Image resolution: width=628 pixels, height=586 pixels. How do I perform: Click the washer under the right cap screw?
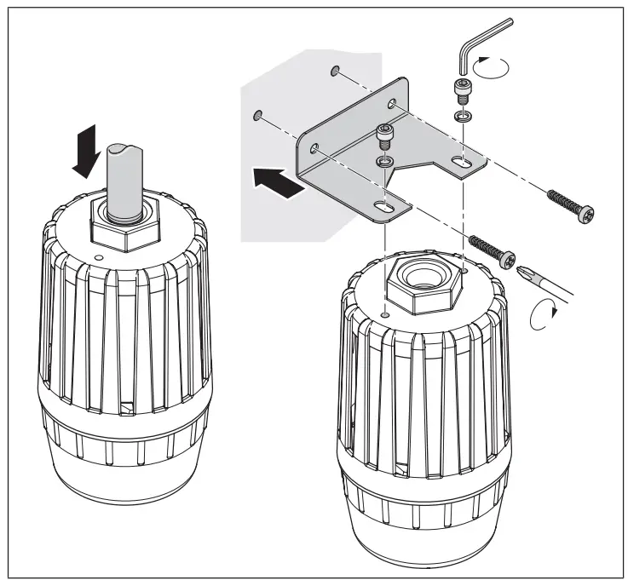pyautogui.click(x=463, y=116)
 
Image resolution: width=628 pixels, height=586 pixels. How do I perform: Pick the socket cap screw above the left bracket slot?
pyautogui.click(x=385, y=135)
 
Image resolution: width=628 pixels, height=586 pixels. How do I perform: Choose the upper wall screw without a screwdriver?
pyautogui.click(x=568, y=201)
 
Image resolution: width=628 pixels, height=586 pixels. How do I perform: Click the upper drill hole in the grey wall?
pyautogui.click(x=336, y=69)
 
